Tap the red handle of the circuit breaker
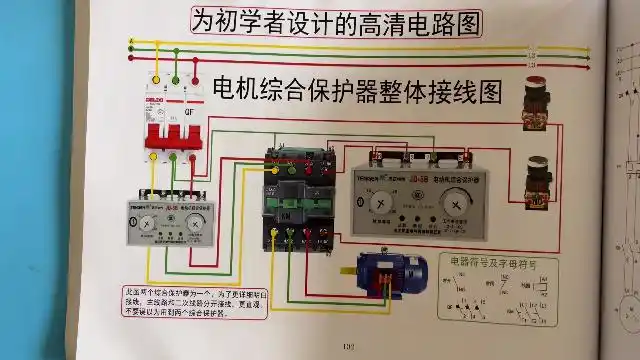tap(171, 130)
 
